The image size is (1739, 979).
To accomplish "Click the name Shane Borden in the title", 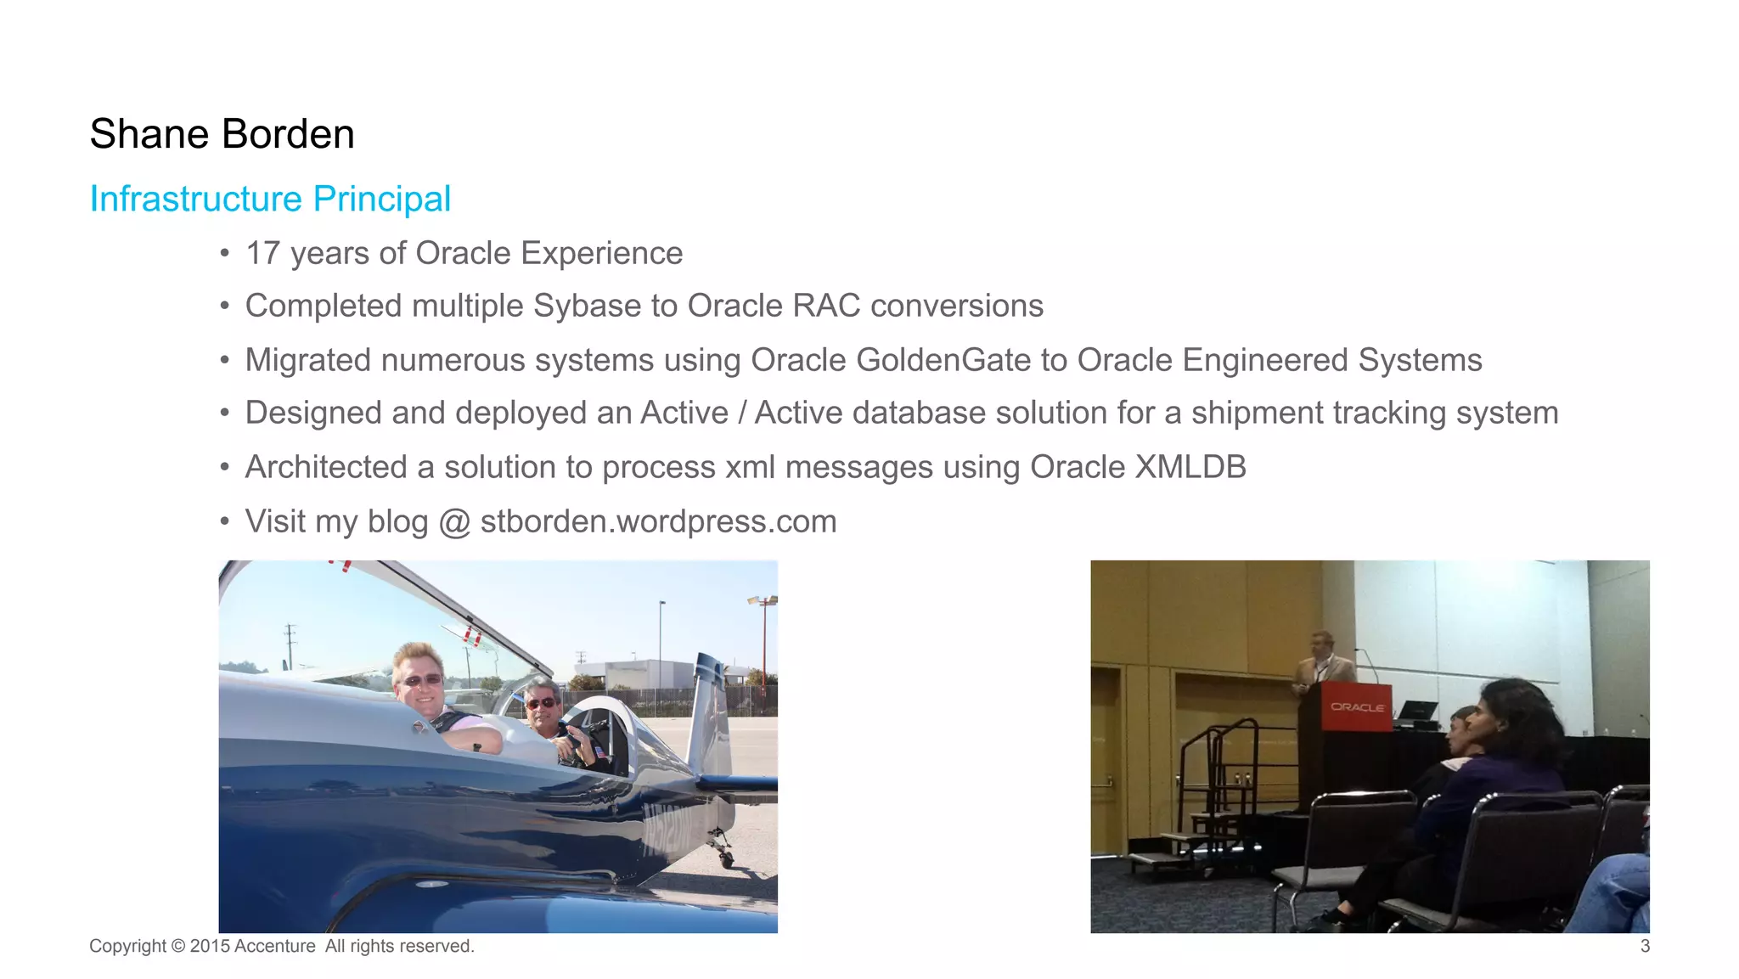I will (222, 134).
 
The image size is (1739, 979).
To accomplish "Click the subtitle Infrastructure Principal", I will (270, 199).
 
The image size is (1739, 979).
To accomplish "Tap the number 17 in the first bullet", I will (262, 253).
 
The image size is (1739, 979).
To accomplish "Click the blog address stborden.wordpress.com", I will (658, 521).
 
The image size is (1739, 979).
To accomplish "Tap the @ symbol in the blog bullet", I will (454, 522).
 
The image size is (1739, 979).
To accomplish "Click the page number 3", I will (1644, 946).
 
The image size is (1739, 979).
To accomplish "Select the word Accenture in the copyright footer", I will (274, 946).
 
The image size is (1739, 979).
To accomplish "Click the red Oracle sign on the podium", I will (1357, 706).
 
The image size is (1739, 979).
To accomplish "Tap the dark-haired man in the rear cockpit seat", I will (543, 705).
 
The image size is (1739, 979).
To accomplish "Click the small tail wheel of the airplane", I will (726, 858).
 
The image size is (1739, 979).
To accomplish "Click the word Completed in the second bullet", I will (323, 307).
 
